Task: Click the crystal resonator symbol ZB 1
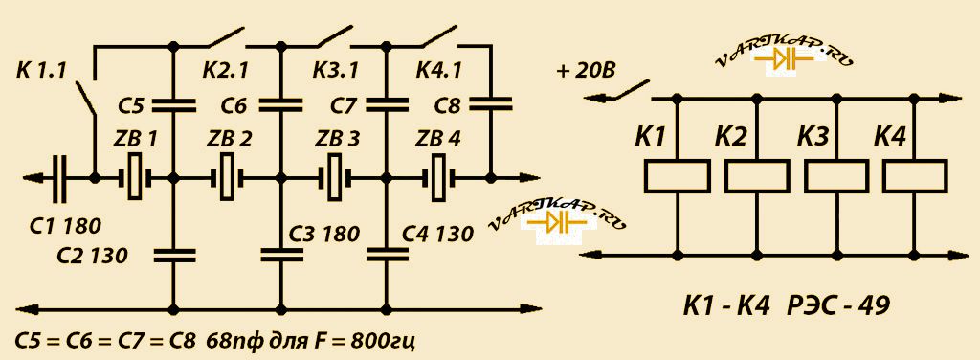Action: point(135,178)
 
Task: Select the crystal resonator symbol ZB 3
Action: point(336,178)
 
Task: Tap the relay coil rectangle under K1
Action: point(678,175)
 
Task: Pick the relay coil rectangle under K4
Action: point(914,175)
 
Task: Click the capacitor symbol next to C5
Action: point(174,103)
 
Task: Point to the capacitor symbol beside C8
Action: point(490,103)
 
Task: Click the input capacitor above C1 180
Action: point(59,178)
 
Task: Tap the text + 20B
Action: point(585,71)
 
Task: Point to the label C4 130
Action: point(437,234)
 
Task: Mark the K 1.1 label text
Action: point(42,70)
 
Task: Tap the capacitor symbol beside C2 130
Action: point(174,255)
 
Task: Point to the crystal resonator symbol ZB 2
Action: point(227,178)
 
